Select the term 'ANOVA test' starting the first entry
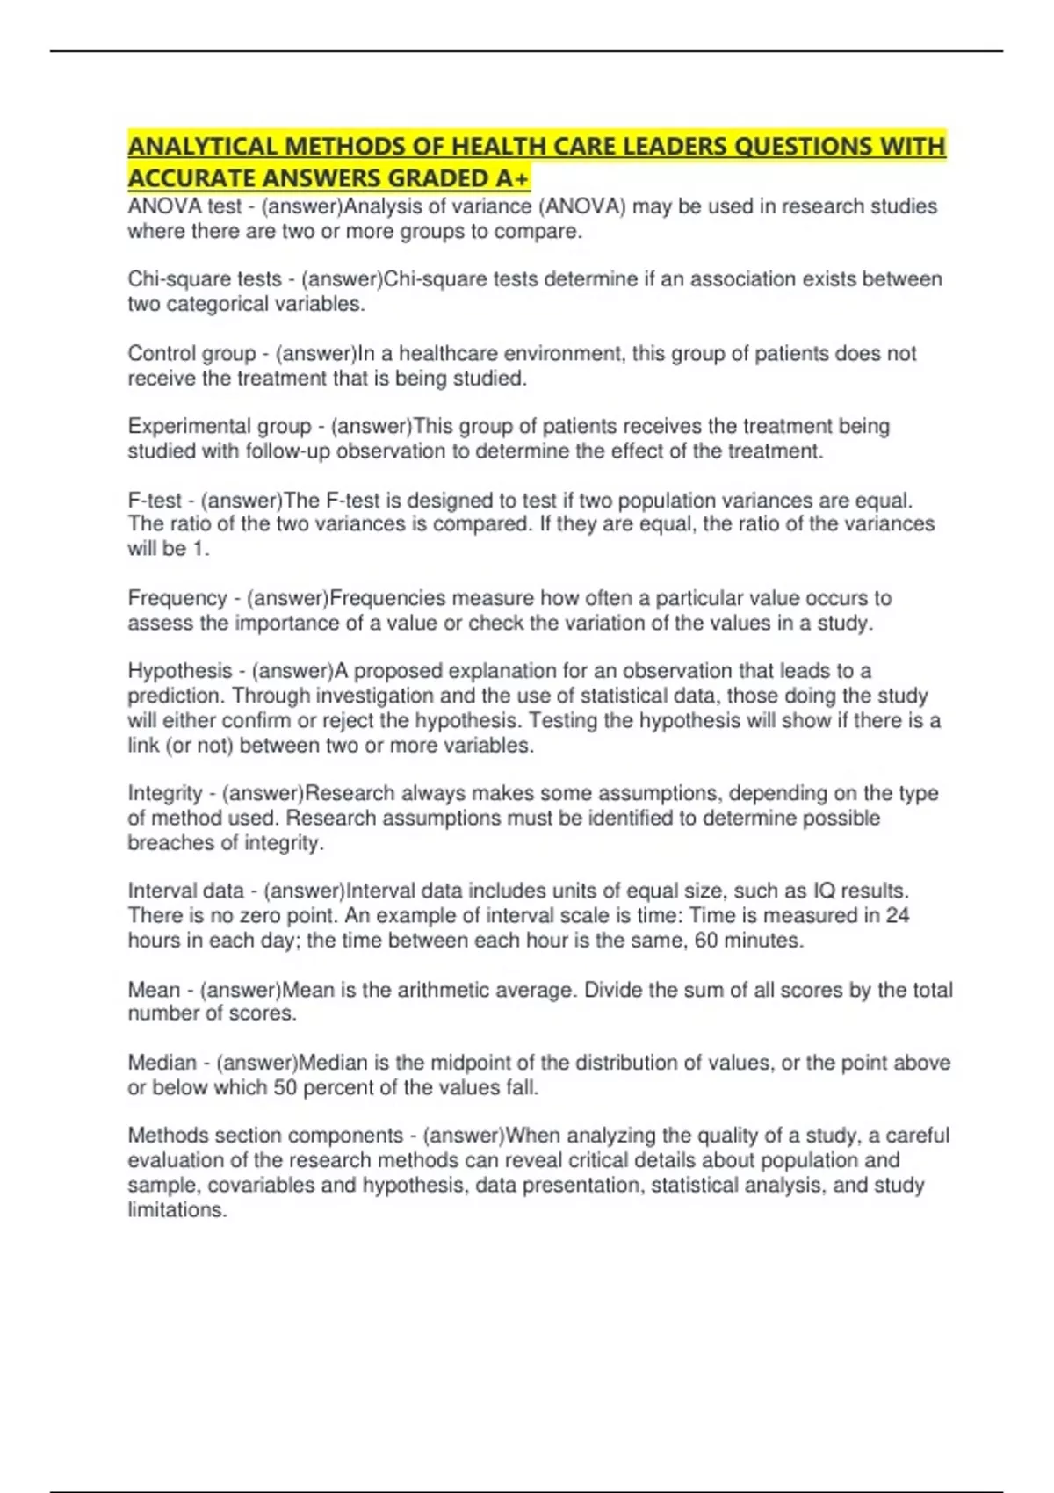tap(184, 206)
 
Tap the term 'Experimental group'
tap(220, 426)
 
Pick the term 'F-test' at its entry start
tap(155, 500)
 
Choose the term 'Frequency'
tap(177, 598)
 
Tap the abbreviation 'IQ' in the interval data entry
tap(824, 891)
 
